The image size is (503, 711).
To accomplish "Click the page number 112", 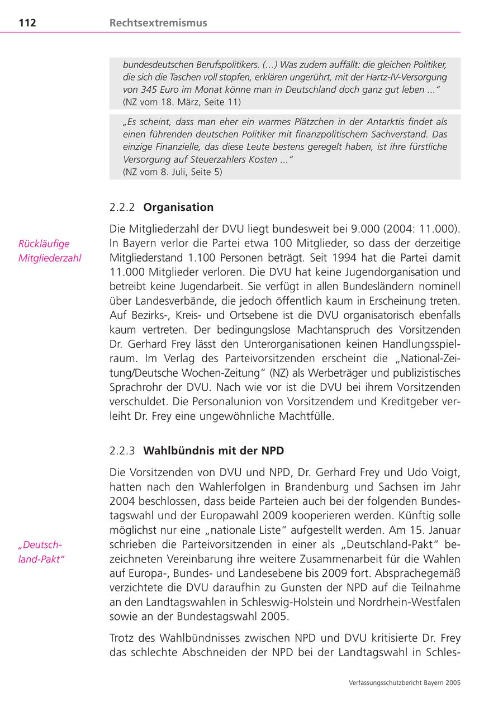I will click(x=27, y=23).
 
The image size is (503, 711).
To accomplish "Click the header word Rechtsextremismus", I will click(x=158, y=23).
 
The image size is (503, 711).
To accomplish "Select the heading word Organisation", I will click(x=178, y=207).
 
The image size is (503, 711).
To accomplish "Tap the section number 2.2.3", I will click(x=122, y=451).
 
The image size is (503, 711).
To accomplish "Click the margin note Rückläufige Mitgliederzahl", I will click(x=50, y=251).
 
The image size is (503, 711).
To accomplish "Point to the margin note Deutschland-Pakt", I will click(x=41, y=552).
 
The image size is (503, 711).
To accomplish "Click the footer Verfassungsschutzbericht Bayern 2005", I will click(x=404, y=682).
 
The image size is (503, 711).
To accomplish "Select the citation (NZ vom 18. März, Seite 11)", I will click(x=182, y=102).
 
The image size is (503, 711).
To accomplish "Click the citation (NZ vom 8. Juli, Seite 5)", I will click(x=172, y=172).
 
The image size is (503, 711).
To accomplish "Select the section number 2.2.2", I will click(x=122, y=207).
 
